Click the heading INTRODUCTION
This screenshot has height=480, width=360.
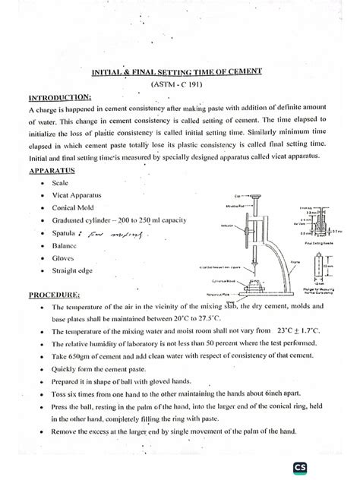pos(59,97)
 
